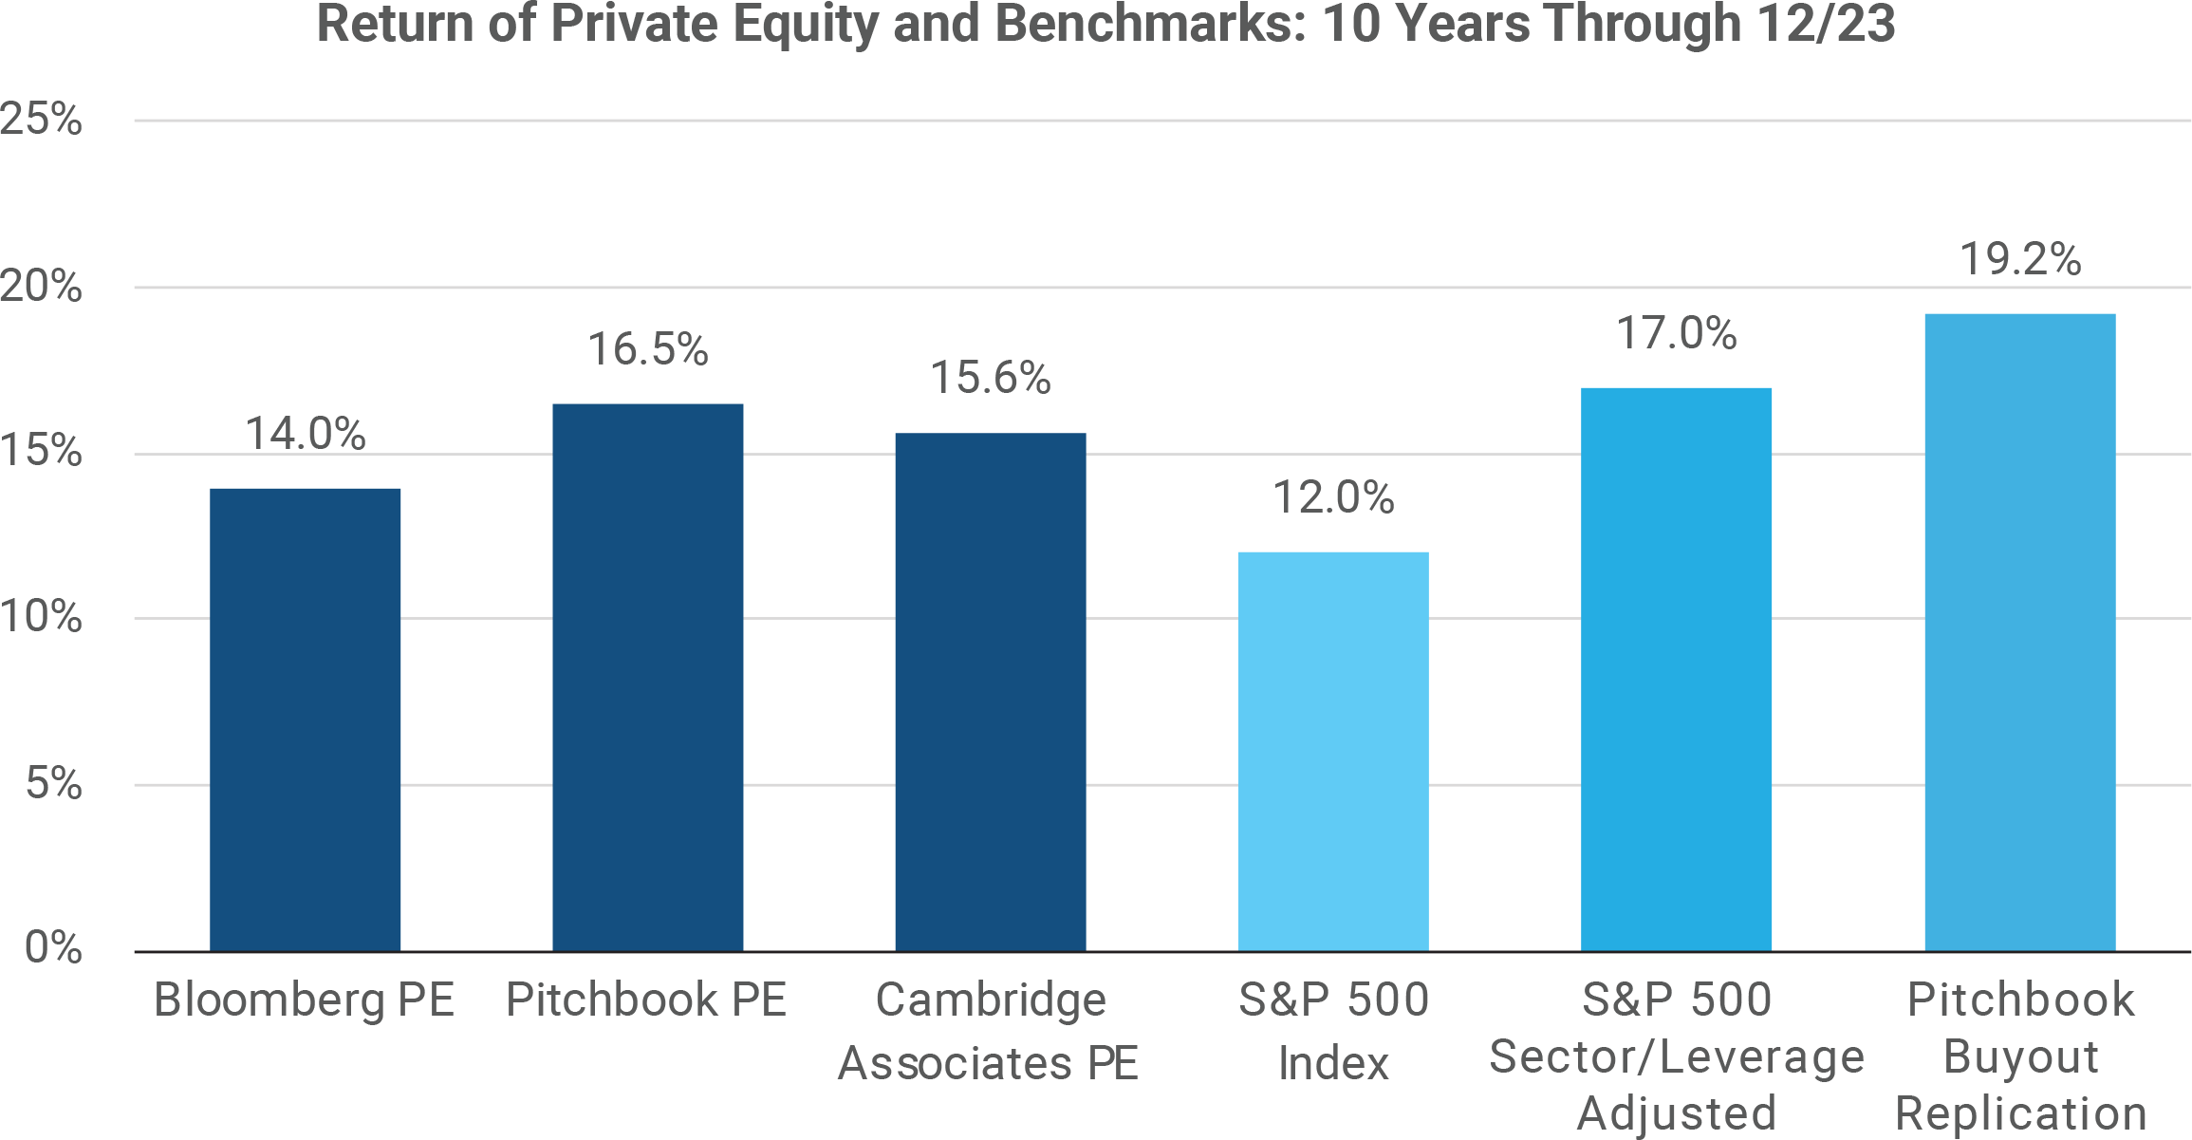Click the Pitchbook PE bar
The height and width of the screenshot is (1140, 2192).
tap(647, 678)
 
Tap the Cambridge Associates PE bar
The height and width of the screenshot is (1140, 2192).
tap(990, 692)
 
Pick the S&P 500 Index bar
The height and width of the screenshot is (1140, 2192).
tap(1333, 751)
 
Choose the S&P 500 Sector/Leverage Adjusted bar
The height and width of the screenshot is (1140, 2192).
tap(1676, 669)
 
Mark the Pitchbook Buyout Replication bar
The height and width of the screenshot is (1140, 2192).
tap(2019, 632)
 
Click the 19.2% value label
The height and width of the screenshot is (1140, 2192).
tap(2020, 259)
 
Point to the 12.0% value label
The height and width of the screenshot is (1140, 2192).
tap(1333, 497)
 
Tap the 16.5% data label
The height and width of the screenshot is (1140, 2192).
tap(647, 349)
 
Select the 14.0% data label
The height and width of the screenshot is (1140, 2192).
tap(305, 434)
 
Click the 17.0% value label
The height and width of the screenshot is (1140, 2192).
tap(1676, 333)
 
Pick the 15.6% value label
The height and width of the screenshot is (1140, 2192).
tap(990, 378)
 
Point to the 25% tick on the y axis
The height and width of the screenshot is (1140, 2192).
tap(42, 120)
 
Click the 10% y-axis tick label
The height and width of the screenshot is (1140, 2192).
tap(42, 617)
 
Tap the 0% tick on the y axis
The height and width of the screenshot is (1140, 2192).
tap(53, 947)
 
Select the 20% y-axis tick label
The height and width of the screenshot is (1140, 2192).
tap(42, 286)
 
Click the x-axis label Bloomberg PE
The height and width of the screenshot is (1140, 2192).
tap(305, 1000)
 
